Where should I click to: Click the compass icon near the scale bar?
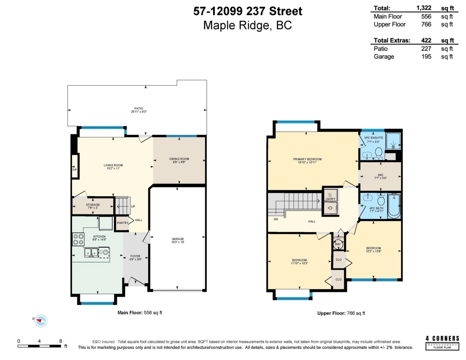pos(41,320)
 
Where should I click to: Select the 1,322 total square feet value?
pos(424,8)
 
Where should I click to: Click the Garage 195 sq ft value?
pos(427,57)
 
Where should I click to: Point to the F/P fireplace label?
pos(75,170)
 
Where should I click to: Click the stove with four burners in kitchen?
pos(78,239)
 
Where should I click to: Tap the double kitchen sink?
pos(92,253)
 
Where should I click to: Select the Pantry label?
pos(122,223)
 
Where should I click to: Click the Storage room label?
pos(93,205)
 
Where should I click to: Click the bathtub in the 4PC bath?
pos(394,206)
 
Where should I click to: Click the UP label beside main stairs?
pos(133,207)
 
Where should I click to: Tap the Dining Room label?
pos(179,159)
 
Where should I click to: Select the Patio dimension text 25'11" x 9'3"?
pos(139,112)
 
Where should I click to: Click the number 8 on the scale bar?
pos(61,341)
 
